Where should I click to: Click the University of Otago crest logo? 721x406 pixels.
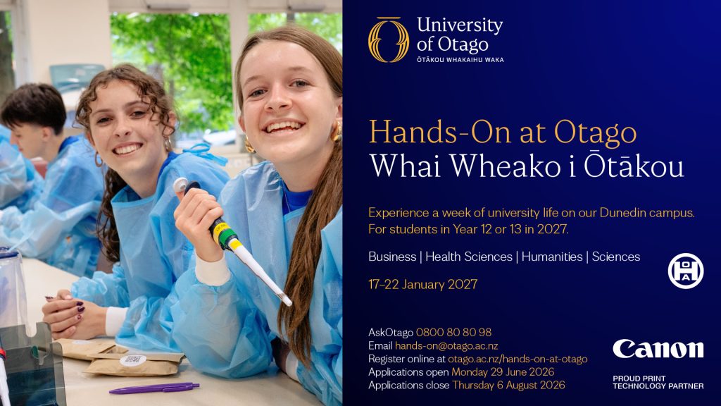coord(389,39)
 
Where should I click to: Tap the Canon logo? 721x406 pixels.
coord(658,350)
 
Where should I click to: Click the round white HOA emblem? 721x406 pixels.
coord(686,271)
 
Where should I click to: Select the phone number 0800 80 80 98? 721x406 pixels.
coord(453,333)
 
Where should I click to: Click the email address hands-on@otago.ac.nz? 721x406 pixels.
coord(446,345)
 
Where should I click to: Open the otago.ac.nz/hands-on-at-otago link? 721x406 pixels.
coord(518,359)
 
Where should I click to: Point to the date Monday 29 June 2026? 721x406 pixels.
coord(503,372)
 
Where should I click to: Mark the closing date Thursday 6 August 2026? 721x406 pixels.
coord(508,386)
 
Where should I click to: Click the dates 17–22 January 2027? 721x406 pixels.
coord(422,285)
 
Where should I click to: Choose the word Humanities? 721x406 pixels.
coord(552,257)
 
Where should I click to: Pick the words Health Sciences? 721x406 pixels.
coord(468,257)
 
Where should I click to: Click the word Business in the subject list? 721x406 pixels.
coord(392,257)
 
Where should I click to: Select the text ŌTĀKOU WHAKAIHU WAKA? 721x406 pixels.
coord(460,60)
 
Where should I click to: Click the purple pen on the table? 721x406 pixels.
coord(154,388)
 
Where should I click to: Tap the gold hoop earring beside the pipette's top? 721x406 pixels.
coord(249,145)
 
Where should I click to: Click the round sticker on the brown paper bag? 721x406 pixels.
coord(133,360)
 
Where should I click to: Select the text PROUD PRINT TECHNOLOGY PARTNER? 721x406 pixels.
coord(658,383)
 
